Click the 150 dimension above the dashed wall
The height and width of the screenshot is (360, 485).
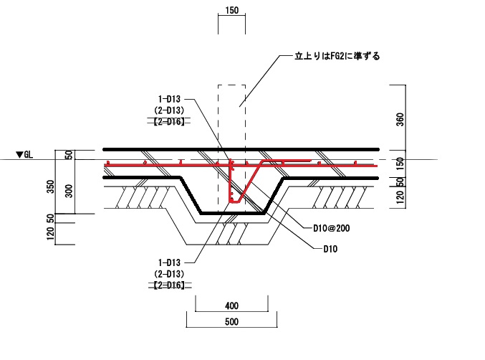[231, 11]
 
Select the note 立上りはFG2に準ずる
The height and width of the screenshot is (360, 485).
[337, 55]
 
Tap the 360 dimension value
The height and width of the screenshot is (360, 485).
[399, 119]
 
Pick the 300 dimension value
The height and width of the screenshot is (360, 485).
[69, 189]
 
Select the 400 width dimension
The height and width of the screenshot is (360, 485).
[231, 306]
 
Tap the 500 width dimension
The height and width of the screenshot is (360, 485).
[231, 323]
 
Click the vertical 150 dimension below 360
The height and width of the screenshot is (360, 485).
[399, 163]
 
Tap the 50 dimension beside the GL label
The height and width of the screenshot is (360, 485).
[69, 154]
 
